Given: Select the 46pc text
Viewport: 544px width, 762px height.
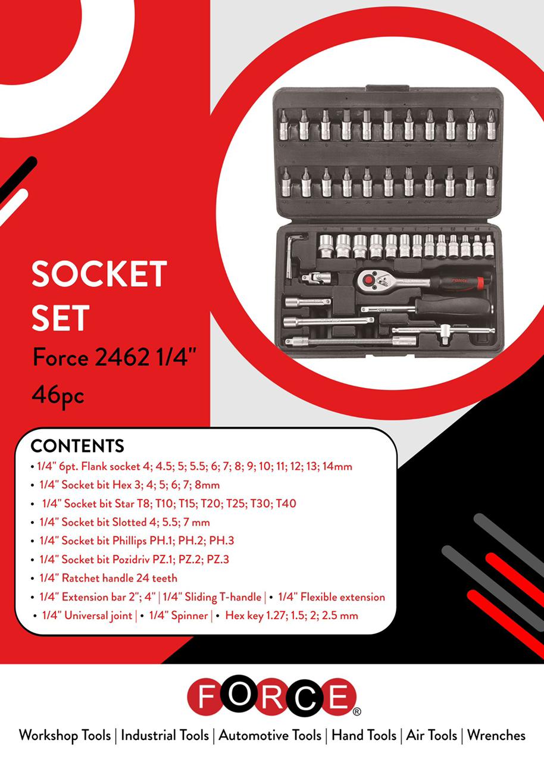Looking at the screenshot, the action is [x=58, y=396].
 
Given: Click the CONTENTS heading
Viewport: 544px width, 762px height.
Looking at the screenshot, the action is [x=77, y=446].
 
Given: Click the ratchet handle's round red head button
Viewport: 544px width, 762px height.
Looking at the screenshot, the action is [x=368, y=280].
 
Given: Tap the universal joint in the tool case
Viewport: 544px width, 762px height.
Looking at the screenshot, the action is [x=316, y=277].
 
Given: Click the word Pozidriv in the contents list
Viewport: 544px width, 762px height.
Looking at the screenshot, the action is [x=131, y=559].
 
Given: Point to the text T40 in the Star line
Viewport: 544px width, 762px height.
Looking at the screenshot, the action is [x=286, y=504].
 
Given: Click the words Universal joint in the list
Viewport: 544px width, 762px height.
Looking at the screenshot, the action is [x=87, y=616].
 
